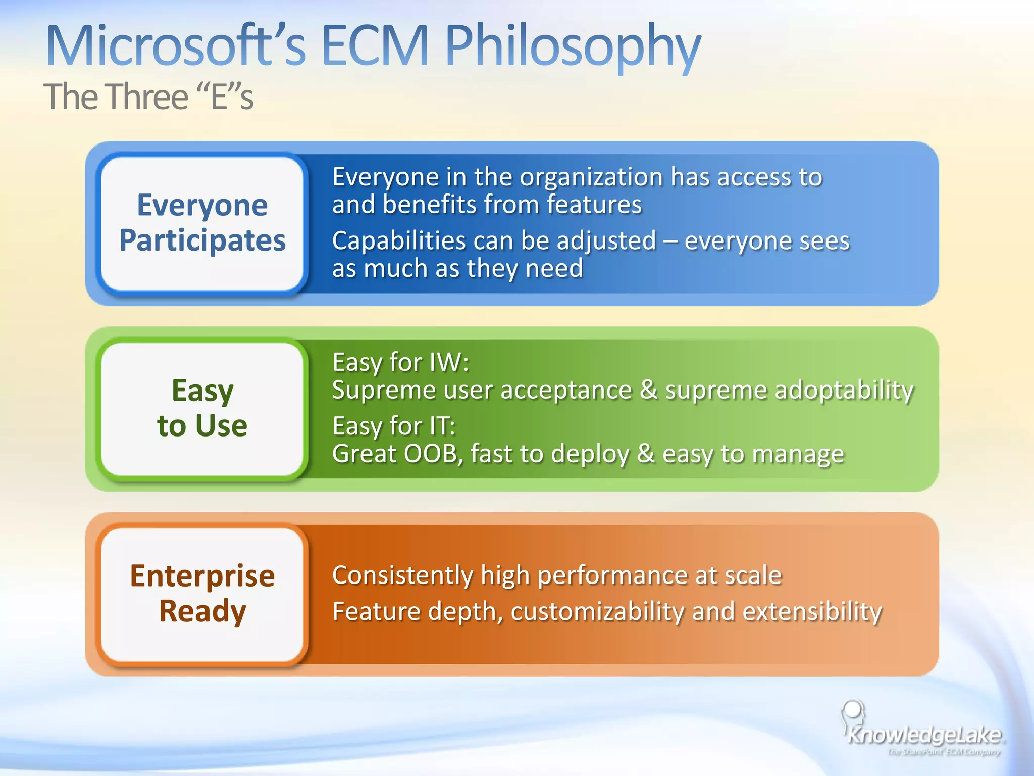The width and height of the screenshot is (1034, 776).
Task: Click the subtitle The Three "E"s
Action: click(148, 96)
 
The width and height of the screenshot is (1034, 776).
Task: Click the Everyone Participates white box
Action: click(202, 223)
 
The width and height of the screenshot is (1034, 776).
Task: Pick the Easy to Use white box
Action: click(202, 408)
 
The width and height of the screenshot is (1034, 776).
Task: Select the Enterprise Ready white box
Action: click(202, 594)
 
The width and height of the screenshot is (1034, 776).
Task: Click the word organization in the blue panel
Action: click(591, 178)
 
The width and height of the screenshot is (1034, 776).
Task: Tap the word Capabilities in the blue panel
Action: click(398, 241)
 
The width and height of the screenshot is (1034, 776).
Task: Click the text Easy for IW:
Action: click(400, 362)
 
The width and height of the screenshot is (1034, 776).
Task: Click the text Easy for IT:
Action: click(394, 426)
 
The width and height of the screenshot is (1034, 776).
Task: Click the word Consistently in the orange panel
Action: click(402, 575)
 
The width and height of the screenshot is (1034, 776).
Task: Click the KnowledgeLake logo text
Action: click(924, 735)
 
